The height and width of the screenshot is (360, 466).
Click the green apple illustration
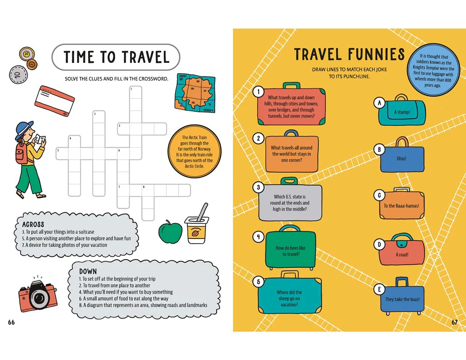tap(170, 232)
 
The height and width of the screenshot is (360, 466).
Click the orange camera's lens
tap(39, 297)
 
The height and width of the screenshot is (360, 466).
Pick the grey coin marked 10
tap(18, 74)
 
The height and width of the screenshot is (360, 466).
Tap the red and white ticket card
tap(55, 101)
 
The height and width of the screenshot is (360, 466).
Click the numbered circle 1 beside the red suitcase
tap(259, 91)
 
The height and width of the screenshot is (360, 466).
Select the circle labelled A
tap(379, 103)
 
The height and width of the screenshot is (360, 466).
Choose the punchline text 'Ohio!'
tap(401, 159)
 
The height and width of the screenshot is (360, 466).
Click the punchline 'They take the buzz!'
tap(403, 299)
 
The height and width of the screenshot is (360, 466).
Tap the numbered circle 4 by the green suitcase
tap(259, 237)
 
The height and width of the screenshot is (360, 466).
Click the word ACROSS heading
tap(33, 224)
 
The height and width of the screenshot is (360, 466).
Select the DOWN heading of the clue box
tap(88, 272)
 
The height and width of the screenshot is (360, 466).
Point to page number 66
tap(11, 322)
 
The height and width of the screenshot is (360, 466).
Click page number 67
tap(454, 322)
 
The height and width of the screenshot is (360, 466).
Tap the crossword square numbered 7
tap(123, 190)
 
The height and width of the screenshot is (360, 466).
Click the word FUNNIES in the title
tap(377, 54)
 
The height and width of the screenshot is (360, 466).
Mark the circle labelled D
tap(379, 245)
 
